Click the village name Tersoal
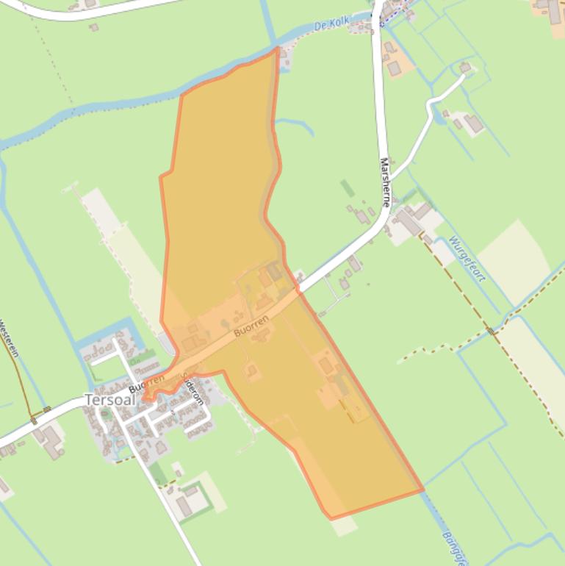click(109, 401)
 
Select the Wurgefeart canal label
click(467, 258)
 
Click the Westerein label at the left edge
click(9, 338)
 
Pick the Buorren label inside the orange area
click(251, 326)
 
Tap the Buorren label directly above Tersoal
click(146, 383)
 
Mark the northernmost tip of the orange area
click(278, 49)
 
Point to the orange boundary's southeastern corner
click(422, 489)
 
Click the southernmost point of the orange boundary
click(331, 518)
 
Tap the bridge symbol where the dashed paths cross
click(492, 332)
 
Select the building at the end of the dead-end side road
click(464, 68)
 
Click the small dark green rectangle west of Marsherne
click(347, 188)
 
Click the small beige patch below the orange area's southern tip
click(344, 525)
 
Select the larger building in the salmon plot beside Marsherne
click(395, 68)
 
